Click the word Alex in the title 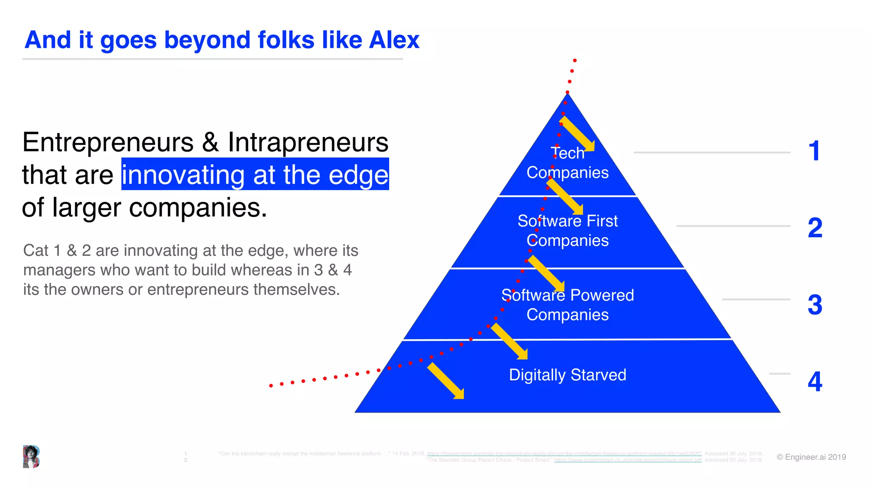point(394,40)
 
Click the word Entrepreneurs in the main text point(108,142)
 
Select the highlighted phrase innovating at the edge point(255,174)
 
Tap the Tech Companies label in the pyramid point(568,163)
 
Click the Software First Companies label point(568,230)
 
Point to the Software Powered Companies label point(568,305)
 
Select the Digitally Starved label point(568,375)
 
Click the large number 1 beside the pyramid point(814,151)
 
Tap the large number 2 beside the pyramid point(815,228)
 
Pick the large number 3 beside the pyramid point(815,305)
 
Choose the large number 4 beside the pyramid point(815,382)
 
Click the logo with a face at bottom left point(31,457)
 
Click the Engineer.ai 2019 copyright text point(811,457)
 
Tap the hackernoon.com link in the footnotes point(564,454)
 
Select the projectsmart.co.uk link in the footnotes point(628,460)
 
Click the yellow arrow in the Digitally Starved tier point(446,381)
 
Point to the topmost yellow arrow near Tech point(578,135)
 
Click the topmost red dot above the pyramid point(575,61)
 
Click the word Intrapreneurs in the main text point(308,142)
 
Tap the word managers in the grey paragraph point(51,270)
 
